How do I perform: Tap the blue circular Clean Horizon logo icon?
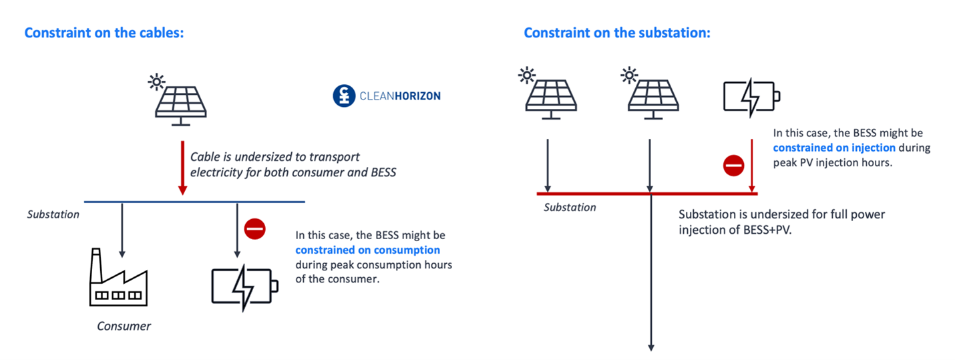[x=343, y=96]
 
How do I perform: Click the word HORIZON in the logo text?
[x=417, y=96]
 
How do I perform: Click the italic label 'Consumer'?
[x=124, y=326]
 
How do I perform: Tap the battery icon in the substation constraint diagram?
[x=751, y=96]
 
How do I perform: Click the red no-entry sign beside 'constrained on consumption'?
[x=254, y=229]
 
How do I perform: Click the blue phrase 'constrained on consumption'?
[x=367, y=250]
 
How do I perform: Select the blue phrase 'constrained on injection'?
[x=834, y=148]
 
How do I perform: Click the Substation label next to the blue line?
[x=53, y=214]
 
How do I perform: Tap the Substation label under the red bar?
[x=570, y=207]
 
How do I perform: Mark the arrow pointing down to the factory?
[x=122, y=230]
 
